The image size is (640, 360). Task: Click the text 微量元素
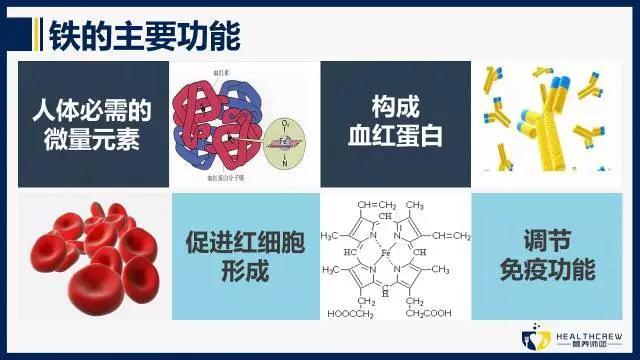click(x=93, y=138)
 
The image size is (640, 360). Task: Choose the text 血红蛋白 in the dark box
click(x=394, y=138)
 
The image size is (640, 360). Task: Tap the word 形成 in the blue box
click(x=244, y=273)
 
